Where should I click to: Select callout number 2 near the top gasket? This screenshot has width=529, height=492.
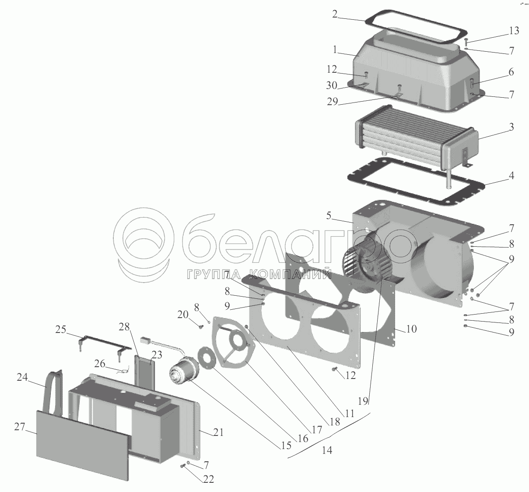[x=335, y=14]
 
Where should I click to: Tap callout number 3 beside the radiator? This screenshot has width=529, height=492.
[x=511, y=127]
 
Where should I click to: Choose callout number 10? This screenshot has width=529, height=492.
[x=411, y=329]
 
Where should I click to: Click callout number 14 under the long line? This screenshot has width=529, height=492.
[x=327, y=450]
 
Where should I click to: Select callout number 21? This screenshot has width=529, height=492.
[x=218, y=433]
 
